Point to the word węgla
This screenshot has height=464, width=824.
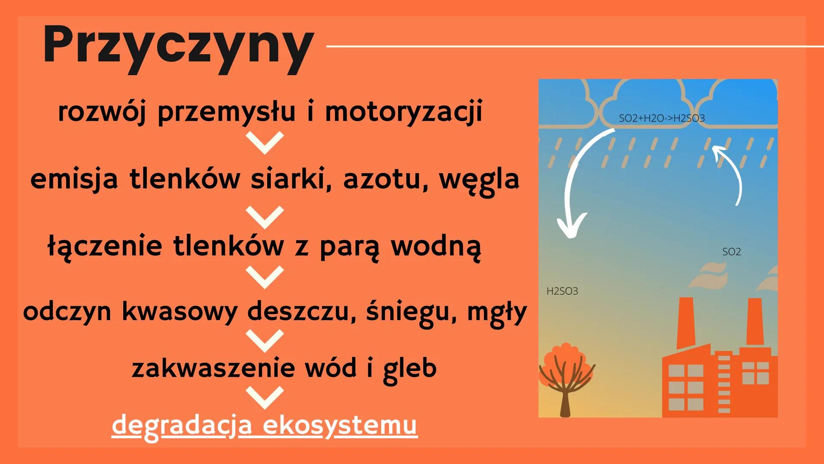[479, 180]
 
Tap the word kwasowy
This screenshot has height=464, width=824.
[179, 311]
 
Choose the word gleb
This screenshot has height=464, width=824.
[410, 368]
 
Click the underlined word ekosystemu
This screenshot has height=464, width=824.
[340, 425]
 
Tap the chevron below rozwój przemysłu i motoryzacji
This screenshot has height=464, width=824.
[265, 142]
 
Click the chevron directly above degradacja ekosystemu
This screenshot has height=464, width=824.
[265, 397]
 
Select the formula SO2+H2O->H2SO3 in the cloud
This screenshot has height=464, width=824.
[661, 118]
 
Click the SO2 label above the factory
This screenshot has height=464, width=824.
[731, 252]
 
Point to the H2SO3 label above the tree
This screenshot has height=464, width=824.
[562, 291]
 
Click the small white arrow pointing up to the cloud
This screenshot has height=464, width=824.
[730, 172]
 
